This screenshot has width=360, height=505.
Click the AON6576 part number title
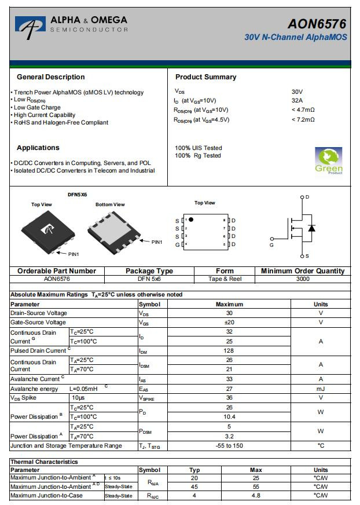coord(317,24)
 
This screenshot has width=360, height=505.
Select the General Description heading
coord(51,77)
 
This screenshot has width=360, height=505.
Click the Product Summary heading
coord(205,77)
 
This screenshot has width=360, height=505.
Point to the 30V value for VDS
coord(297,92)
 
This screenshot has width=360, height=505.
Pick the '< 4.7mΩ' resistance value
coord(303,110)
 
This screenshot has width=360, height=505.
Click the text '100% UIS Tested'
coord(199,148)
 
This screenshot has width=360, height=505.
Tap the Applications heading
coord(38,148)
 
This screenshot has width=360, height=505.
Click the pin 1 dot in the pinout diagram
coord(191,220)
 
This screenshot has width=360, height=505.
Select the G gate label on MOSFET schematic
coord(271,246)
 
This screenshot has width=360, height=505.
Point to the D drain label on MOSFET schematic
coord(307,197)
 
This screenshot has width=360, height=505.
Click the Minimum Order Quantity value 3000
coord(302,279)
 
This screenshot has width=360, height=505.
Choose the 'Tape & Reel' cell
coord(225,279)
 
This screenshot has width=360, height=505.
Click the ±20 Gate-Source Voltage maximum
coord(229,323)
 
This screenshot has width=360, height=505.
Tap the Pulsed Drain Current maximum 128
coord(229,351)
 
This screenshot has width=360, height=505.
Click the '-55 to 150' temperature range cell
coord(229,446)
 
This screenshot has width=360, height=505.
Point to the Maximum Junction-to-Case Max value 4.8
coord(256,496)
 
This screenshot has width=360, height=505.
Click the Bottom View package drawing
coord(113,230)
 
